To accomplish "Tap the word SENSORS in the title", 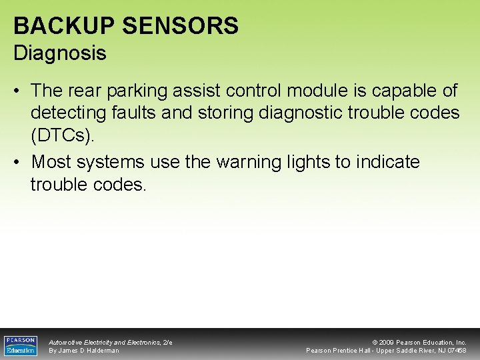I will (179, 26).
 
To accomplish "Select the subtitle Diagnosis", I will (60, 53).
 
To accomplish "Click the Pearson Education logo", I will (21, 345).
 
